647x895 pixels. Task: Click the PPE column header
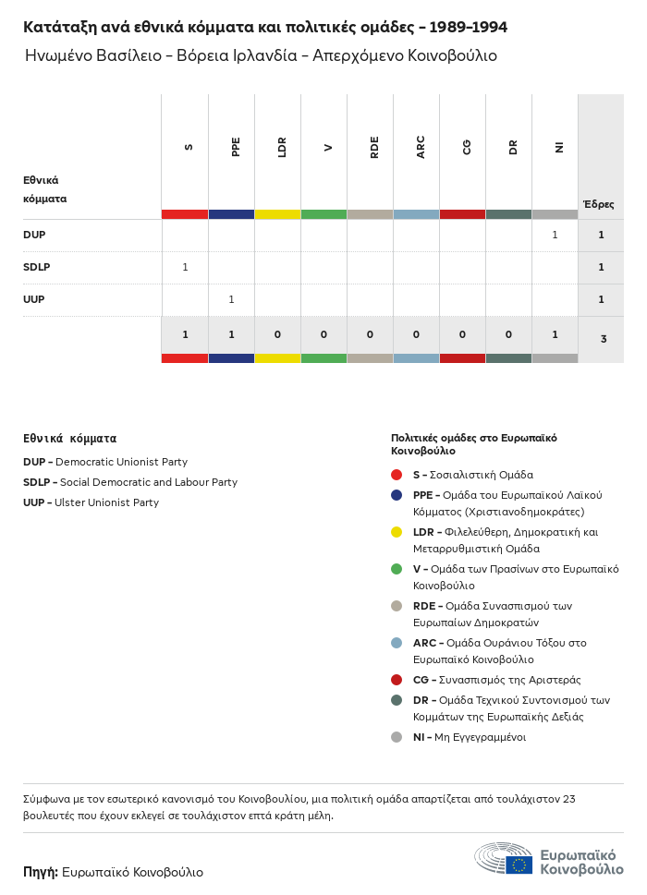pos(236,147)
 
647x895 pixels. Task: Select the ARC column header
pos(421,147)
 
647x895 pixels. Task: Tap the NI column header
pos(559,147)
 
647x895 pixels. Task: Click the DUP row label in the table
pos(34,235)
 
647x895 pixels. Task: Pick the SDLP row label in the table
pos(36,267)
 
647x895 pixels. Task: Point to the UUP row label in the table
pos(34,299)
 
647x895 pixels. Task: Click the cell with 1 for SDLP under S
pos(185,267)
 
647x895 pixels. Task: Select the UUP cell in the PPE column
pos(231,299)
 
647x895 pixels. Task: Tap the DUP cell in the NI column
pos(555,235)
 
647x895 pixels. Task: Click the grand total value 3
pos(603,339)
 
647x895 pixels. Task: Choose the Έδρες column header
pos(598,204)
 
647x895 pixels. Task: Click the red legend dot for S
pos(397,475)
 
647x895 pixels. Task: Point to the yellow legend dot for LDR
pos(397,532)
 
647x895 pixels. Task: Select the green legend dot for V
pos(397,569)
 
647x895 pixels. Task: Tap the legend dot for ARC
pos(397,643)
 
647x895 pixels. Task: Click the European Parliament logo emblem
pos(504,858)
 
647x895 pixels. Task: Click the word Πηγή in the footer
pos(41,872)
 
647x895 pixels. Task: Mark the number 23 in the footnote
pos(568,799)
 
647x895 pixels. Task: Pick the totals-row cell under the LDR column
pos(277,333)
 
